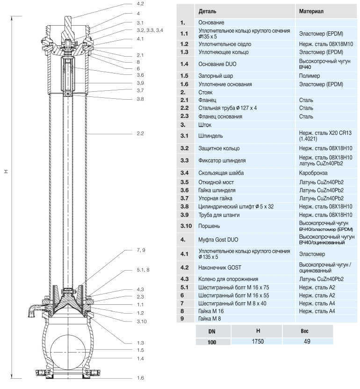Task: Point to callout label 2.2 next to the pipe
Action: point(141,133)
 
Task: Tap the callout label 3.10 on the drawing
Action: point(142,321)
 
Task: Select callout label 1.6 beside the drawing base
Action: point(141,378)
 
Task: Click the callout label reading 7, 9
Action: point(142,250)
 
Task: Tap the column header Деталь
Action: point(207,10)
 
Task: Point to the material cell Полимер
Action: point(310,76)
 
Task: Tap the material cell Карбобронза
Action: point(314,173)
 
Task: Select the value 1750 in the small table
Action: point(258,341)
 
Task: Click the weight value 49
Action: point(307,341)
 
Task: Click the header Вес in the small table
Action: point(307,331)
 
